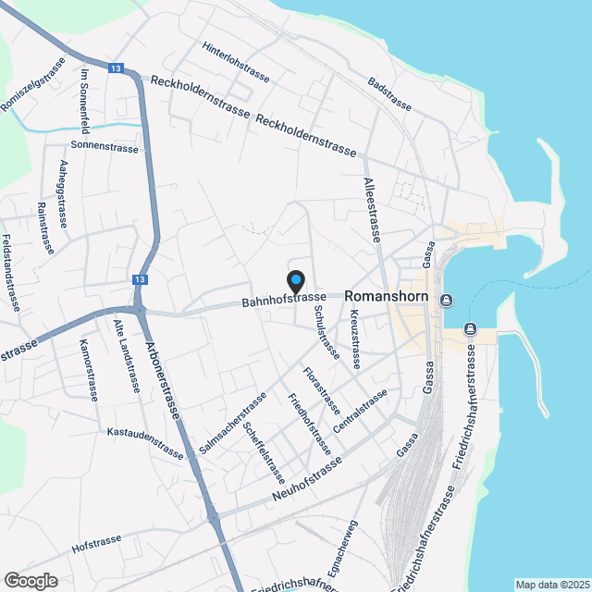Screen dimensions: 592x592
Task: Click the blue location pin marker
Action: pos(296,280)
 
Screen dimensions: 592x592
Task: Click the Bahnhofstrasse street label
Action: pos(284,298)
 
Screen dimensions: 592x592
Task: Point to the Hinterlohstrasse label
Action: pos(236,62)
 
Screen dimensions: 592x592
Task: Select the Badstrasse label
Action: pos(388,93)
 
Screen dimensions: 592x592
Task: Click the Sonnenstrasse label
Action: pos(105,148)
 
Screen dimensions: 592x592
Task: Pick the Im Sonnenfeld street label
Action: pos(84,98)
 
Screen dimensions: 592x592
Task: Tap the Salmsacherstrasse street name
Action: pos(233,423)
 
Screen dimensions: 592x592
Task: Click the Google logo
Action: pos(30,580)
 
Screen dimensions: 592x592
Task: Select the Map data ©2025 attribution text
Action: pos(551,585)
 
